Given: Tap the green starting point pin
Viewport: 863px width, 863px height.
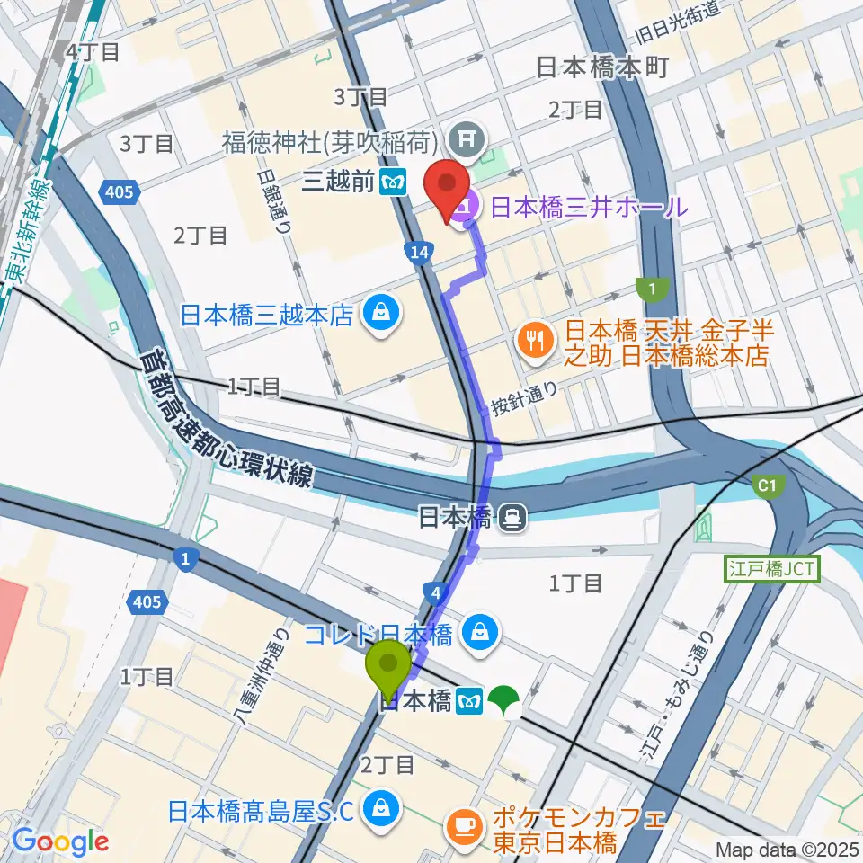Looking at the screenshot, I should [x=390, y=667].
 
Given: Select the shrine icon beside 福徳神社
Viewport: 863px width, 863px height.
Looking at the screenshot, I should [x=468, y=139].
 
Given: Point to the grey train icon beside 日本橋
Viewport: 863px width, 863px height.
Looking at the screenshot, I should [x=512, y=518].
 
